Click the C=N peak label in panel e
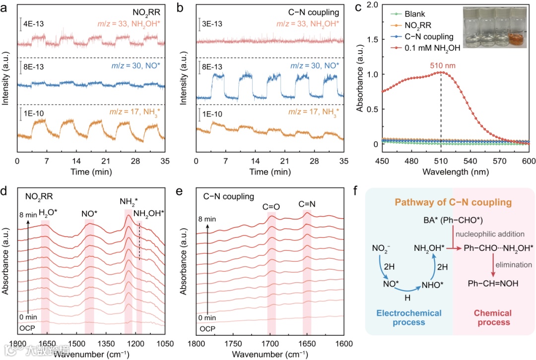point(307,203)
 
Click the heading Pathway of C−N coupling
point(452,203)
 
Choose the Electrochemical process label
point(408,317)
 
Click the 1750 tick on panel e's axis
point(233,343)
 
